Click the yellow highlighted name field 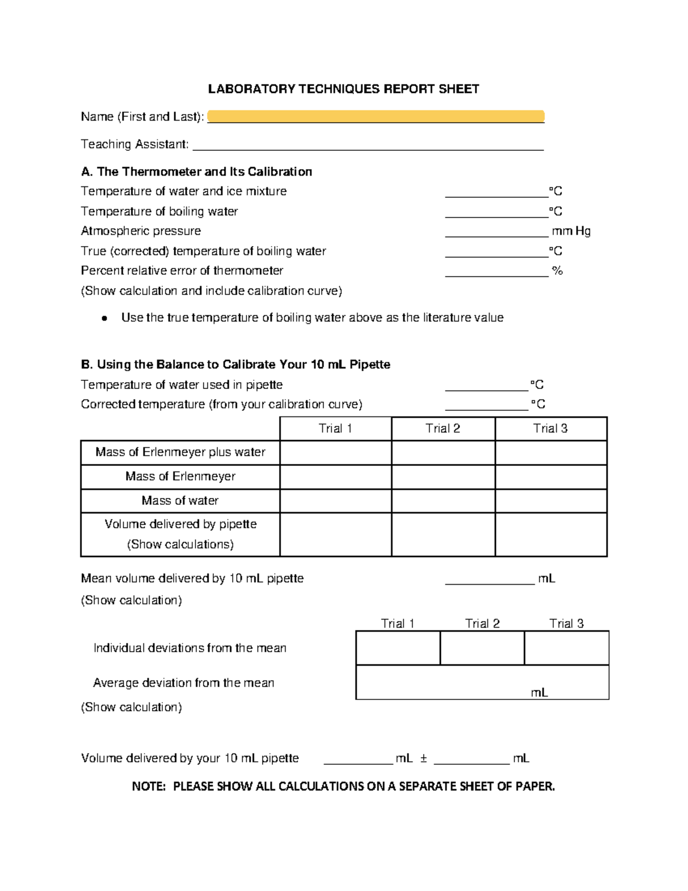[x=376, y=116]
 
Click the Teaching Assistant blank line [x=368, y=145]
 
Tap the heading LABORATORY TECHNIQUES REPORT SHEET [x=343, y=89]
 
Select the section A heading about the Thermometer [x=197, y=172]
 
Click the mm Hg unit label [x=571, y=231]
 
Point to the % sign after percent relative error [x=557, y=271]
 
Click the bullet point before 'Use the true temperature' [x=104, y=318]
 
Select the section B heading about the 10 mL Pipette [x=236, y=364]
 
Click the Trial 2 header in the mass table [x=443, y=429]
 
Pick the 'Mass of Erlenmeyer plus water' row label [x=180, y=452]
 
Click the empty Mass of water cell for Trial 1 [x=335, y=501]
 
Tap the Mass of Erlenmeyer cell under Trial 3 [x=550, y=477]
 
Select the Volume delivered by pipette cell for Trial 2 [x=443, y=534]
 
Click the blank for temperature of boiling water [x=497, y=212]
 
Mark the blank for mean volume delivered [x=490, y=579]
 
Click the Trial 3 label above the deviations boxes [x=566, y=624]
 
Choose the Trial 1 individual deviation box [x=398, y=648]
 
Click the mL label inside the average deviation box [x=539, y=692]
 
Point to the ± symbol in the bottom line [x=423, y=758]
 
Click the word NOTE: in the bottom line [x=148, y=786]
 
